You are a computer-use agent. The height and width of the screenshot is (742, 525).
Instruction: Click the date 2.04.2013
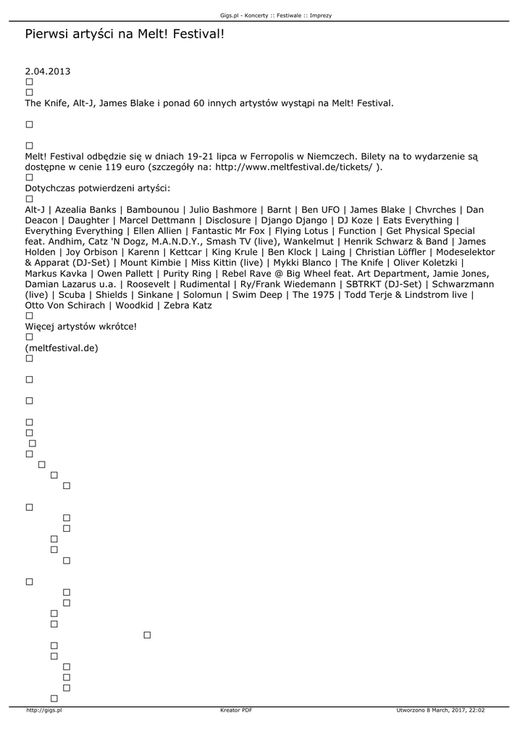[x=48, y=72]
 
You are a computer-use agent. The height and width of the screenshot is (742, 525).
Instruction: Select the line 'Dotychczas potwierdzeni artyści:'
[x=97, y=188]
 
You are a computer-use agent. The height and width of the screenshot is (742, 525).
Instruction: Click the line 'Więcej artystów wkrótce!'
[x=80, y=326]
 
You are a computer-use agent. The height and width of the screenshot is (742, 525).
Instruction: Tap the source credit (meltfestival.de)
[x=62, y=348]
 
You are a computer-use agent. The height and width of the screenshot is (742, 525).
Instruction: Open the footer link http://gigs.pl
[x=44, y=710]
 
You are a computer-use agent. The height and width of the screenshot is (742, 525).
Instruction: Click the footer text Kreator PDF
[x=236, y=710]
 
